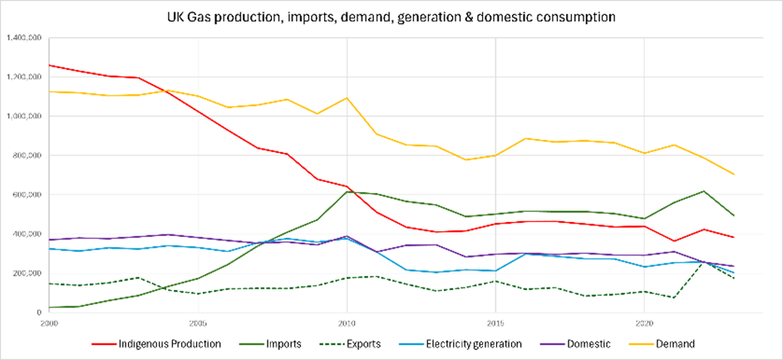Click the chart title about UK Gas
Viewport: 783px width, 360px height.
click(x=391, y=17)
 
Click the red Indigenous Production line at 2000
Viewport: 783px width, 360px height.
click(x=51, y=65)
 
